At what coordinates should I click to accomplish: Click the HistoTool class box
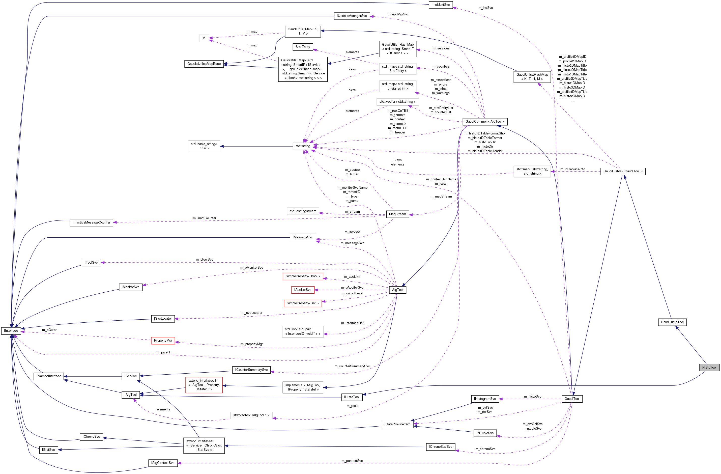(709, 367)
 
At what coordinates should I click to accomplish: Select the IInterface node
(11, 331)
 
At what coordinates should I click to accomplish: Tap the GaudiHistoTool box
(672, 322)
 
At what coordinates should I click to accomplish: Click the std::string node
(303, 146)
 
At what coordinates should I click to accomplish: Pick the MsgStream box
(397, 214)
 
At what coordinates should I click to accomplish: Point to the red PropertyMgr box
(163, 340)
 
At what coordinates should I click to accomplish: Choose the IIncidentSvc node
(441, 5)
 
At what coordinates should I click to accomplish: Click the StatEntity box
(303, 47)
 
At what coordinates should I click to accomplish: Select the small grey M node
(204, 38)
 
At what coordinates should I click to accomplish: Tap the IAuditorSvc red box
(303, 290)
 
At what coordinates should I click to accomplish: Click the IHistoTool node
(352, 397)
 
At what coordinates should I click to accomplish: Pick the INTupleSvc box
(485, 433)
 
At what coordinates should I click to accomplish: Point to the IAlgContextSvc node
(163, 463)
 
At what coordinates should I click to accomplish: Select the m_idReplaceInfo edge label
(572, 169)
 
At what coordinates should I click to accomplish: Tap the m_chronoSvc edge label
(485, 449)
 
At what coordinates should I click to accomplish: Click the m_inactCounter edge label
(205, 218)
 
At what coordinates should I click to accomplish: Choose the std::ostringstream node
(303, 211)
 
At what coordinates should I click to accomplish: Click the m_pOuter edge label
(49, 330)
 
